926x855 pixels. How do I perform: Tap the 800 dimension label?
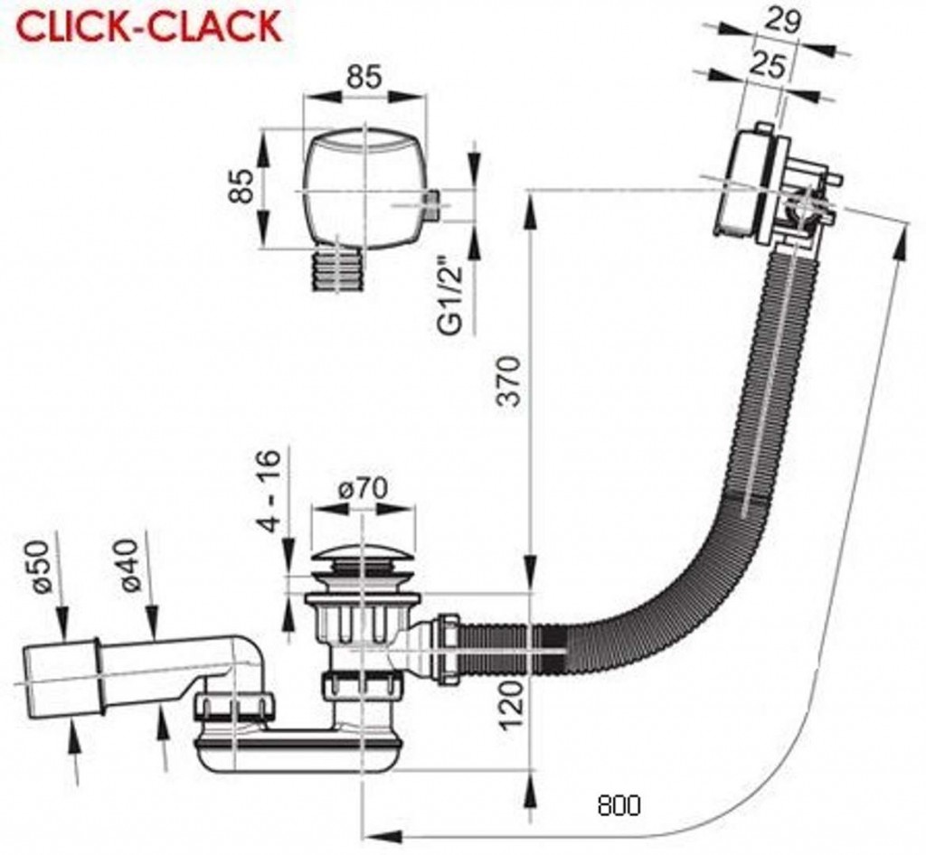[x=619, y=804]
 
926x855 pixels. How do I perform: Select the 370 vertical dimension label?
[x=508, y=381]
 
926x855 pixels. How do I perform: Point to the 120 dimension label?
[x=512, y=705]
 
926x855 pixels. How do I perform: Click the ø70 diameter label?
[x=363, y=488]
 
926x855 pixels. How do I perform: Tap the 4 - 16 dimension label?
[x=269, y=492]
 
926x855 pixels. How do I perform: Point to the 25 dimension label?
[x=768, y=65]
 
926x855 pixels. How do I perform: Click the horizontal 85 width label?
[x=364, y=77]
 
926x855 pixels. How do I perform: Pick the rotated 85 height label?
[x=241, y=186]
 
